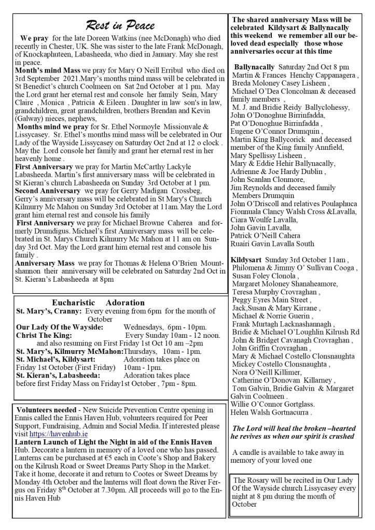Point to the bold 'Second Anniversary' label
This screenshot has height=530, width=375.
tap(46, 191)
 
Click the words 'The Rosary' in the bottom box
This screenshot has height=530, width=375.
tap(251, 480)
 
